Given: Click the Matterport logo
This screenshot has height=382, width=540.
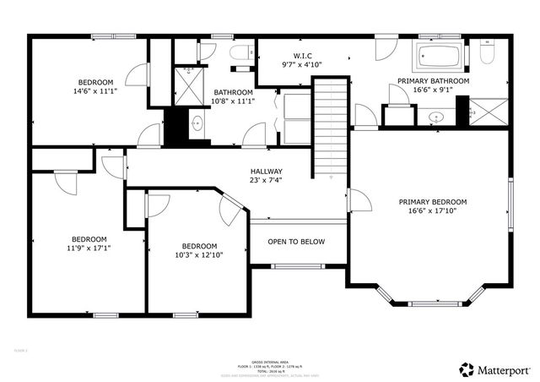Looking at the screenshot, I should (495, 369).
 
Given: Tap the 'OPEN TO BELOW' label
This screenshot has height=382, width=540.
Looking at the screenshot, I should (296, 242).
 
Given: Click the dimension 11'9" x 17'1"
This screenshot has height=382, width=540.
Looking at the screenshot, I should (89, 248).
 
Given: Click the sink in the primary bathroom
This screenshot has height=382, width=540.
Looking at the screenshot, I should (437, 117).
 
